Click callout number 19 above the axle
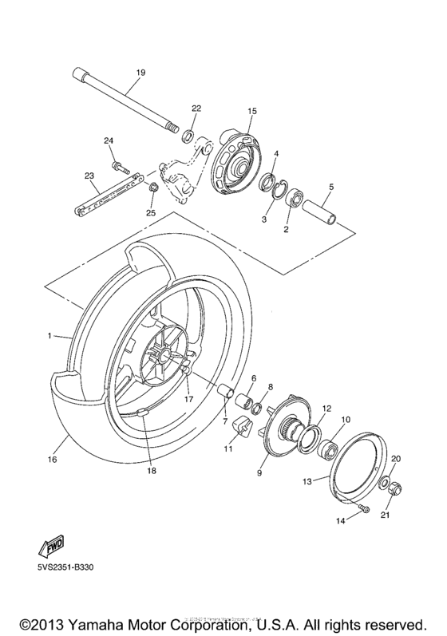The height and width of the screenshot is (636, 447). click(140, 73)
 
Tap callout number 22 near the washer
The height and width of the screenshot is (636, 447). click(196, 108)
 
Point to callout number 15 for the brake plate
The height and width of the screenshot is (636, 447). click(252, 111)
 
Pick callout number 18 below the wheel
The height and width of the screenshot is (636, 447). click(151, 470)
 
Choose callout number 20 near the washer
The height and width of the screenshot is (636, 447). click(396, 459)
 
